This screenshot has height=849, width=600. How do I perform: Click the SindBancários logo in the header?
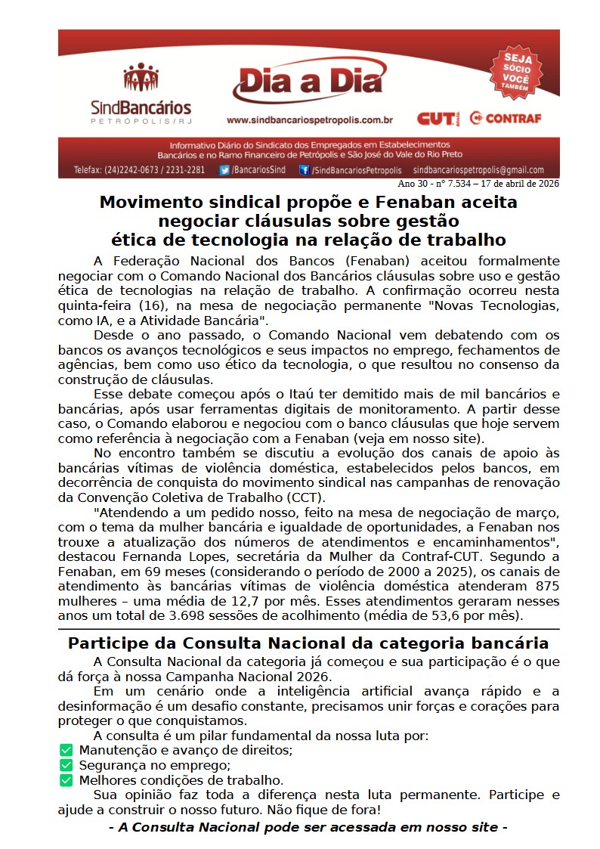[x=141, y=95]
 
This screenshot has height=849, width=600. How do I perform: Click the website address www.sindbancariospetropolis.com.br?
[x=309, y=119]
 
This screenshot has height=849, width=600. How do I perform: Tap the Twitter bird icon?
[x=224, y=170]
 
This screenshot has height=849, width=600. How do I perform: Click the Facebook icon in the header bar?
[x=304, y=170]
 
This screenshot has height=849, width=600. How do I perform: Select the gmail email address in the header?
[x=478, y=170]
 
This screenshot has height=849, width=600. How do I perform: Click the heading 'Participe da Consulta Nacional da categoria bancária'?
[x=308, y=644]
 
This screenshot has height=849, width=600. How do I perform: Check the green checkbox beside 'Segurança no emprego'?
[x=66, y=765]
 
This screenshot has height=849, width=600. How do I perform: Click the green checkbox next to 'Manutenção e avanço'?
[x=66, y=750]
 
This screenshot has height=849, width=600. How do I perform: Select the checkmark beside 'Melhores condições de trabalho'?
[x=66, y=779]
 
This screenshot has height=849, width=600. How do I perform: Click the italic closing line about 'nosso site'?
[x=308, y=827]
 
